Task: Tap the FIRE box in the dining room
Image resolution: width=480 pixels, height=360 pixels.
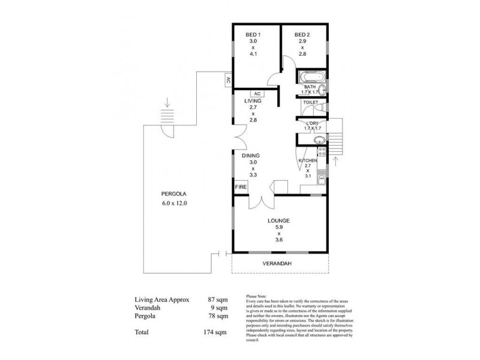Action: pyautogui.click(x=241, y=187)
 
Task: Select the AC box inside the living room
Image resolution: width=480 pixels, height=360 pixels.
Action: pyautogui.click(x=256, y=94)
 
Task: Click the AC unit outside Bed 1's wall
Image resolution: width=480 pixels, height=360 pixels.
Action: pyautogui.click(x=229, y=80)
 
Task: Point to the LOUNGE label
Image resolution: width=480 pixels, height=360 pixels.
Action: pyautogui.click(x=279, y=221)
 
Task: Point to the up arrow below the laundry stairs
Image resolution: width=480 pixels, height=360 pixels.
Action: pyautogui.click(x=335, y=162)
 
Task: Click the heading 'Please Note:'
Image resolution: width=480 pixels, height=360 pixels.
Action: pyautogui.click(x=259, y=295)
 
